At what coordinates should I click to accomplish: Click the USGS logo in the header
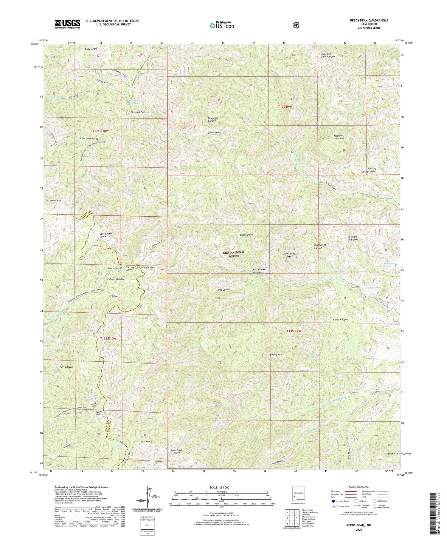67,24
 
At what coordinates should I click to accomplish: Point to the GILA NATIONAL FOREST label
234,254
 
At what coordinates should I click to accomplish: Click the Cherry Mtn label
276,354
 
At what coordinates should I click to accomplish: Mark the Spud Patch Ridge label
176,451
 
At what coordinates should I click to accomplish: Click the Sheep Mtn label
55,201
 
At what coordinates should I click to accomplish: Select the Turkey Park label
91,49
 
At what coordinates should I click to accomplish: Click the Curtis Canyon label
340,319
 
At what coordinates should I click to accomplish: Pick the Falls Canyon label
66,367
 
